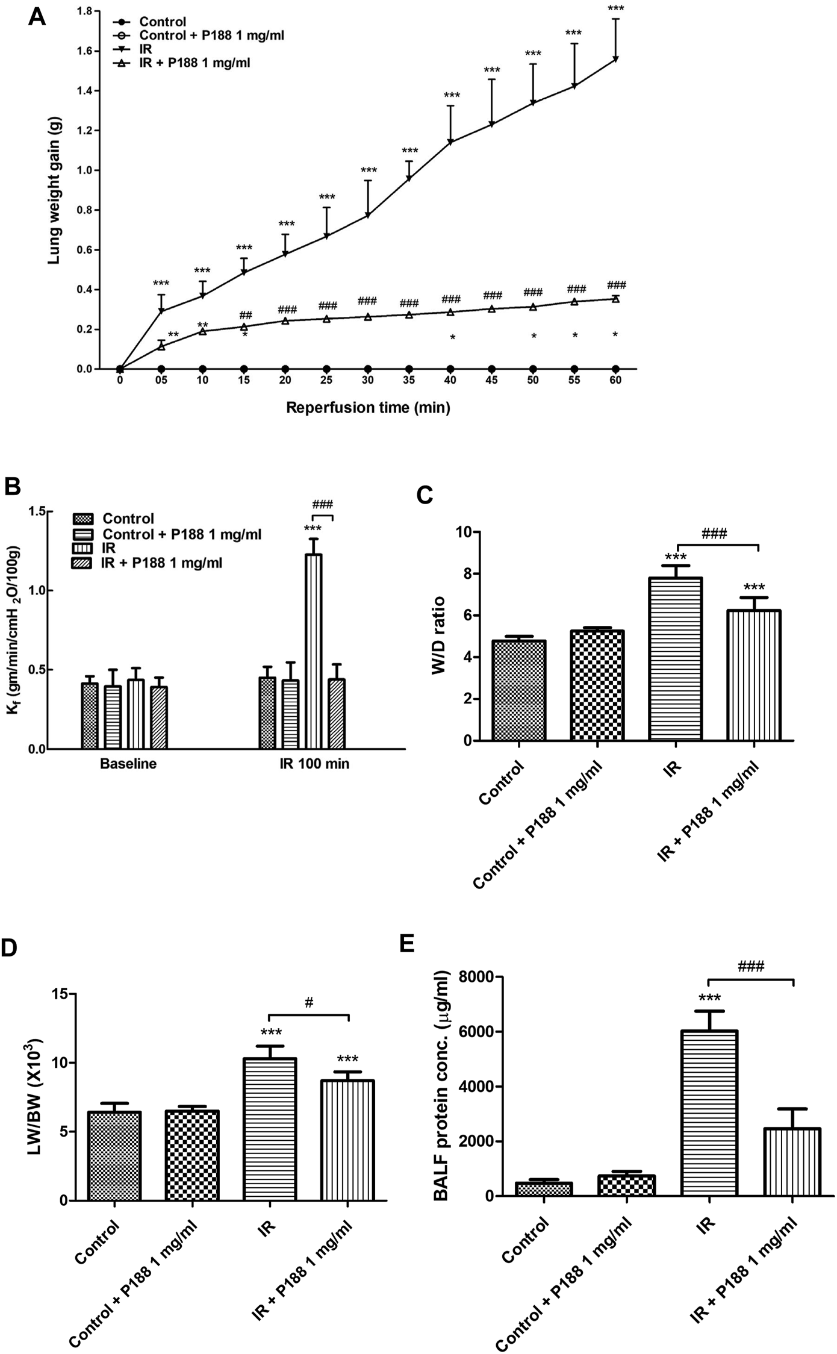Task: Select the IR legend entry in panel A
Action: point(146,49)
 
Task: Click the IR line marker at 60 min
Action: point(615,59)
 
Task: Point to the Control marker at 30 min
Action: point(368,369)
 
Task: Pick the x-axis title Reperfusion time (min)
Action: point(368,408)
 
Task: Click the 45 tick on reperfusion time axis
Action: point(492,381)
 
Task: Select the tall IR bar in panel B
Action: point(313,650)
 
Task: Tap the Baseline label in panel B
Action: point(128,764)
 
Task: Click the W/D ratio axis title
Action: point(439,636)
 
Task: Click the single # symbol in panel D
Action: point(309,1002)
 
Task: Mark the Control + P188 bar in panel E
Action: point(627,1185)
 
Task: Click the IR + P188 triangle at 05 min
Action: point(161,346)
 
